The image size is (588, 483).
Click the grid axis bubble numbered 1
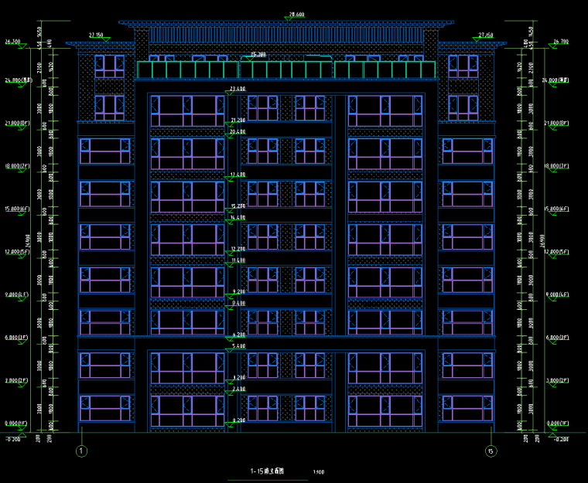pos(82,451)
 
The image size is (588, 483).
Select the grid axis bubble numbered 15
pos(489,451)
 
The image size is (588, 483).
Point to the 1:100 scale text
pos(319,472)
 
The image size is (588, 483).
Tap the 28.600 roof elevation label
pos(296,15)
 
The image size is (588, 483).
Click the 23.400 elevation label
pos(238,90)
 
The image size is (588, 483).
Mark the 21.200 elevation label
pos(238,120)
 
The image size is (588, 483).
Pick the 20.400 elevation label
pos(238,132)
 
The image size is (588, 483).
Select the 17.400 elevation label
pos(238,175)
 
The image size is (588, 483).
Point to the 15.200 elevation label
pos(238,206)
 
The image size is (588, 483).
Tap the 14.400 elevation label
pos(238,218)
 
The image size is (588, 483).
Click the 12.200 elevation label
pos(238,249)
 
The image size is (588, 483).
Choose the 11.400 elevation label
pos(238,261)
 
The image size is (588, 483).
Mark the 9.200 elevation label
pos(238,291)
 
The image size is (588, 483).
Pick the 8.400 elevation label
pos(238,304)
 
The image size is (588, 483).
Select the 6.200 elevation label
pos(238,335)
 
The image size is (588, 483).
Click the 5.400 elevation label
pos(238,346)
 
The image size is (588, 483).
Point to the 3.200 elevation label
pos(238,377)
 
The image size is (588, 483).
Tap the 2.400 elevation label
pos(238,389)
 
